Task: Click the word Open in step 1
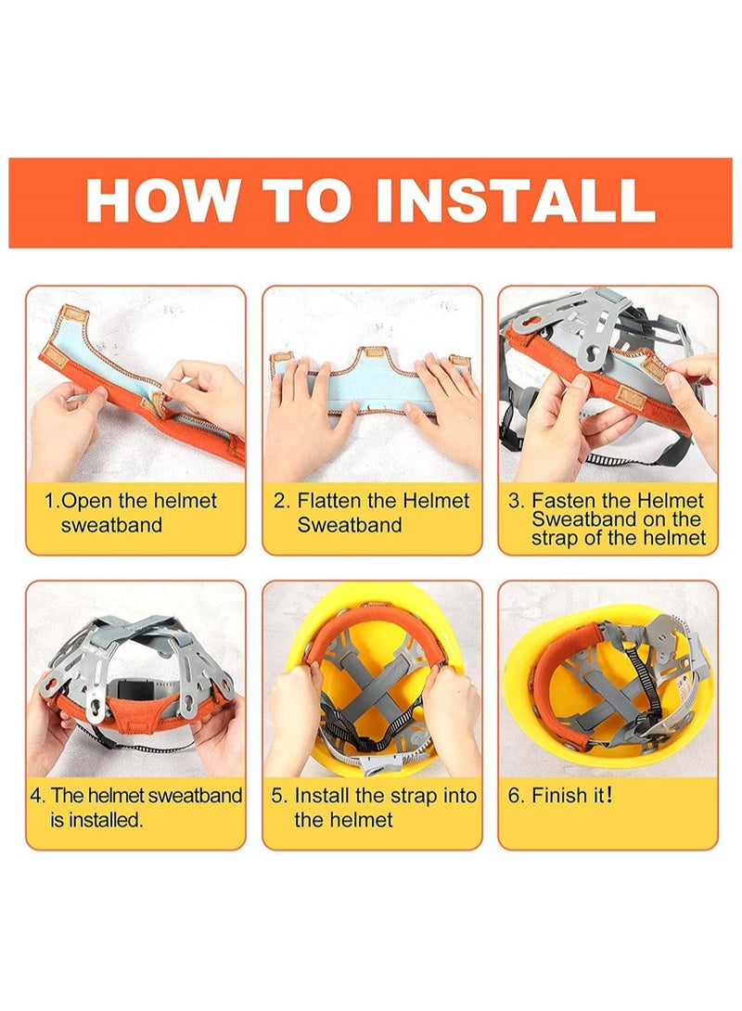coord(88,501)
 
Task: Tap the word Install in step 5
coord(323,796)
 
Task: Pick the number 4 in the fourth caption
coord(37,796)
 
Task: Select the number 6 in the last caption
coord(514,796)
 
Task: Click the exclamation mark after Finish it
coord(609,795)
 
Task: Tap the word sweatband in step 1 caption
coord(111,525)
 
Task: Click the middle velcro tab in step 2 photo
coord(372,353)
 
